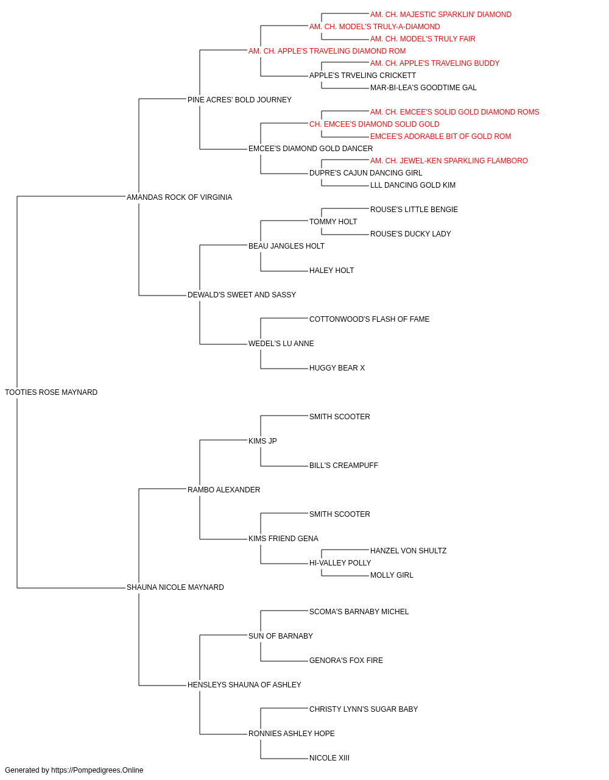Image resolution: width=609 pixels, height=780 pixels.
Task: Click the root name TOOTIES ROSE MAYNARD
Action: tap(51, 392)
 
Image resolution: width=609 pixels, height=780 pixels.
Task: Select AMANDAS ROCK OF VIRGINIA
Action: tap(179, 197)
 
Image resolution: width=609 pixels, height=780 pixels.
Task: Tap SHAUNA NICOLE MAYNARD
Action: tap(175, 587)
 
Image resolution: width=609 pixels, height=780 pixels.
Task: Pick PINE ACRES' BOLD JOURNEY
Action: tap(239, 100)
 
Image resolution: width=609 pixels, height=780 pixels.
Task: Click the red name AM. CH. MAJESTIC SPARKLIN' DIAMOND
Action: tap(441, 15)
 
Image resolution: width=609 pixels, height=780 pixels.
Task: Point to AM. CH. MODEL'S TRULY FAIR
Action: tap(423, 39)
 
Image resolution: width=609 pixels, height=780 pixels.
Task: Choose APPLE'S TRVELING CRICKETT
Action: tap(362, 76)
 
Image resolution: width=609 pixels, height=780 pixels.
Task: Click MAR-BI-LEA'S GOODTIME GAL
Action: tap(423, 88)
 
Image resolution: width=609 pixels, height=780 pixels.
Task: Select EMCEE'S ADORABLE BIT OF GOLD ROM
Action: tap(440, 136)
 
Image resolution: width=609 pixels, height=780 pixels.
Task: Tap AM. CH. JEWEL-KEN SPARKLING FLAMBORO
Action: tap(449, 161)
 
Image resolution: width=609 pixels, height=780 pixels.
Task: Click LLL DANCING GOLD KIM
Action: tap(413, 185)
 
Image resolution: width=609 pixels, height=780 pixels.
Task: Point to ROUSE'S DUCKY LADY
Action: tap(410, 234)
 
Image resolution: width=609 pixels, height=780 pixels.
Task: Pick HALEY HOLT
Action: tap(331, 271)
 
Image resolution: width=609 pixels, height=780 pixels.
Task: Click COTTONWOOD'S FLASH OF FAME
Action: tap(369, 319)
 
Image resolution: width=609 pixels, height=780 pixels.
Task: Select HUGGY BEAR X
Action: tap(337, 368)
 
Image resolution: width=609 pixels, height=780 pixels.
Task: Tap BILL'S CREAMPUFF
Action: tap(343, 466)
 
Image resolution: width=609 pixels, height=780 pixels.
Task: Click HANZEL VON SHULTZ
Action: tap(408, 551)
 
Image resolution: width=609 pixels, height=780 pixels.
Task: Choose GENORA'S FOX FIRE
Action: tap(346, 661)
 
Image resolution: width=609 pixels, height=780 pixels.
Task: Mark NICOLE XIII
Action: tap(329, 758)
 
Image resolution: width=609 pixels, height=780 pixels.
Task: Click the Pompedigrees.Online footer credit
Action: tap(74, 770)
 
